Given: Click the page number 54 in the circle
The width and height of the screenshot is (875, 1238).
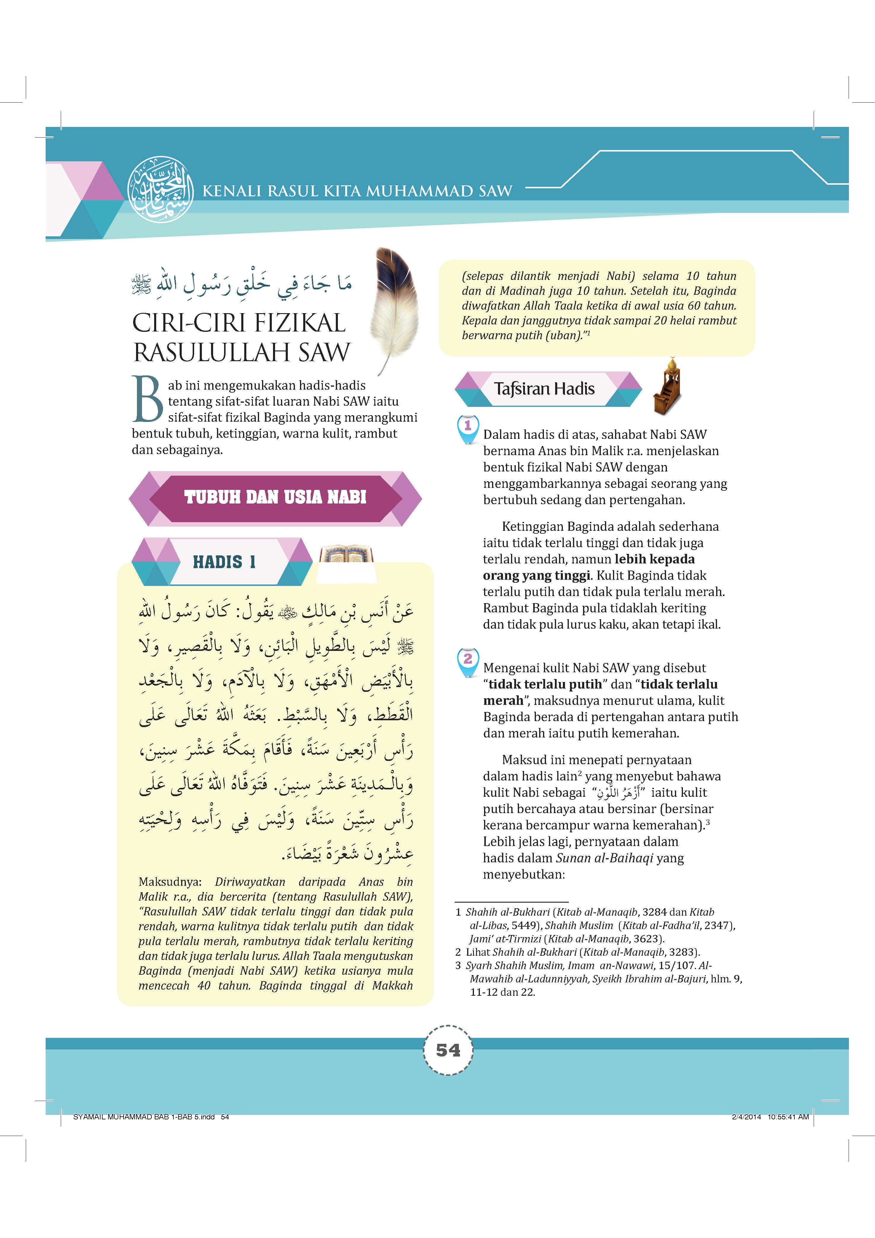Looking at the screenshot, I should click(x=448, y=1050).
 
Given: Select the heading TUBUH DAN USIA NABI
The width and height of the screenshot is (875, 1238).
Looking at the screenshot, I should click(x=275, y=497).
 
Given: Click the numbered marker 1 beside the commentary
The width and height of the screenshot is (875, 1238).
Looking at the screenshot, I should click(x=467, y=426).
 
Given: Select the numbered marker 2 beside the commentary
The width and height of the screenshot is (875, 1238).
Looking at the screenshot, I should click(x=467, y=659).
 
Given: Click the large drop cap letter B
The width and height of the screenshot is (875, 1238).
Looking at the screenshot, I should click(x=147, y=399).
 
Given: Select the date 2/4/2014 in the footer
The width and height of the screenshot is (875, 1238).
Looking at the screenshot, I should click(x=746, y=1117).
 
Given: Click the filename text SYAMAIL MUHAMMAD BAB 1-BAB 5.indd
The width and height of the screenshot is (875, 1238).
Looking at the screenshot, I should click(x=144, y=1117).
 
